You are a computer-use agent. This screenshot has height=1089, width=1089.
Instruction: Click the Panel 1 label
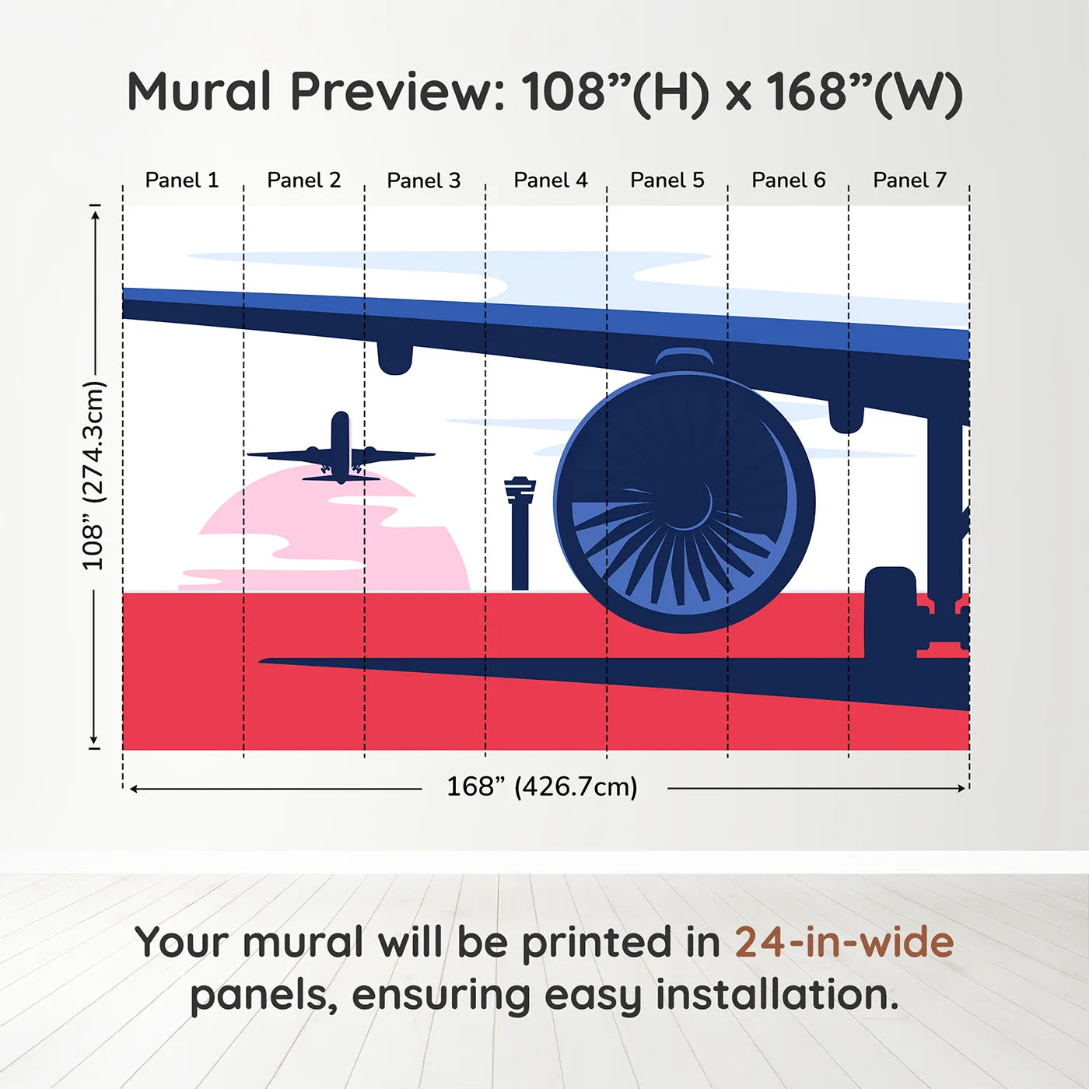(182, 180)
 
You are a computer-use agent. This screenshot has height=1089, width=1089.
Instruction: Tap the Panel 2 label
(303, 180)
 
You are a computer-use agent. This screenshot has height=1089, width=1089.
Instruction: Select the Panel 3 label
(424, 180)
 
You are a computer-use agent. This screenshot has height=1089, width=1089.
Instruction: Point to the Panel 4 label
(550, 180)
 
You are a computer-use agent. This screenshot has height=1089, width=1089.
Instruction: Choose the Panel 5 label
(667, 180)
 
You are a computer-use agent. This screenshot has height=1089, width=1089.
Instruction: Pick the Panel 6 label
(788, 180)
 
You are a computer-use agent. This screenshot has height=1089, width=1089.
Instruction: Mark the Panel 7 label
(909, 180)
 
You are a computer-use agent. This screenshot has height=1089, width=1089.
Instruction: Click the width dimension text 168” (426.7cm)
(541, 787)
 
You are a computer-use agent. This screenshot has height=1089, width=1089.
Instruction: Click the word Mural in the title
(199, 92)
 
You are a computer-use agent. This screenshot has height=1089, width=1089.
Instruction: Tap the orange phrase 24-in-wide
(844, 943)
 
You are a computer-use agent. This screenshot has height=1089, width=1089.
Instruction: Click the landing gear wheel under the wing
(891, 615)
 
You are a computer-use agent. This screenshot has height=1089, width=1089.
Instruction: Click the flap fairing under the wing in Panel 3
(394, 356)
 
